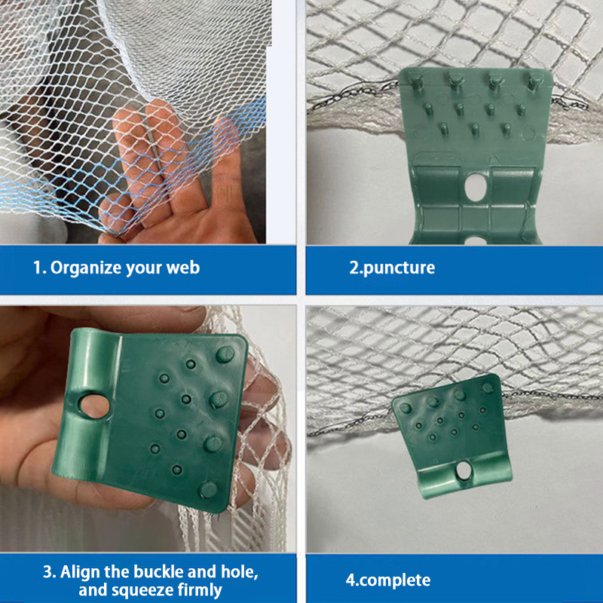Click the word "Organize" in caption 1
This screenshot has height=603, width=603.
pos(85,268)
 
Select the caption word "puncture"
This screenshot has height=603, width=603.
pos(399,268)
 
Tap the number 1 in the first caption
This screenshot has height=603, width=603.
pos(37,268)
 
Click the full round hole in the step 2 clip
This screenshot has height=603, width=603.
pos(476,187)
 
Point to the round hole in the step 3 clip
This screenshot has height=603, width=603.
pos(93,406)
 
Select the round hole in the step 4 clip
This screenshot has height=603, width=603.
pos(464,470)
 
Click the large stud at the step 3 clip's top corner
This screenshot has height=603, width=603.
pos(225,354)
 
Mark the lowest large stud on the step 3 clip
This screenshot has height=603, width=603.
pos(208,489)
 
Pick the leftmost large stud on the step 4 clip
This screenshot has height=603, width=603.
pos(406,408)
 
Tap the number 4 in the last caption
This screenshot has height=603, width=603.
pos(350,580)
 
